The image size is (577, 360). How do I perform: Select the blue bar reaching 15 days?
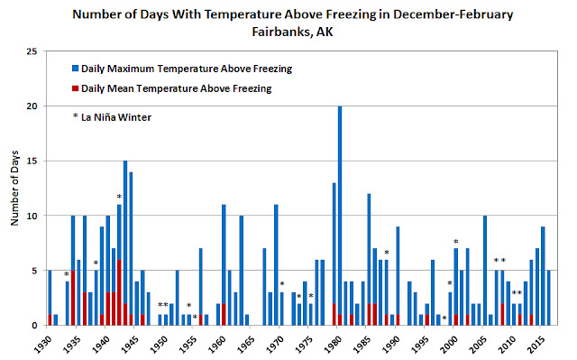tap(125, 232)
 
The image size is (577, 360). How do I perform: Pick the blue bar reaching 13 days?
tap(334, 244)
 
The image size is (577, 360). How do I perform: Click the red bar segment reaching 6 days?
tap(119, 292)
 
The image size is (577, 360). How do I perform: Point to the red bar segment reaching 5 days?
tap(73, 298)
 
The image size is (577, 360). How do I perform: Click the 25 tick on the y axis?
tap(32, 51)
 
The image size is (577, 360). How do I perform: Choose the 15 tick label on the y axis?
tap(32, 162)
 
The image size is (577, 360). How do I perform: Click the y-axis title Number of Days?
tap(14, 188)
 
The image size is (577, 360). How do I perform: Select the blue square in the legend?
tap(76, 69)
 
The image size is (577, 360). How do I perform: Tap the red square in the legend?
tap(76, 88)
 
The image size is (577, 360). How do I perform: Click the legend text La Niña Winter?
tap(116, 117)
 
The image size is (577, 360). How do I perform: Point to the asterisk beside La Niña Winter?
tap(75, 116)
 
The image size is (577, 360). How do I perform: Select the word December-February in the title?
tap(453, 14)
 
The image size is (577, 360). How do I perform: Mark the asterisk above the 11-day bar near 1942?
tap(119, 198)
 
